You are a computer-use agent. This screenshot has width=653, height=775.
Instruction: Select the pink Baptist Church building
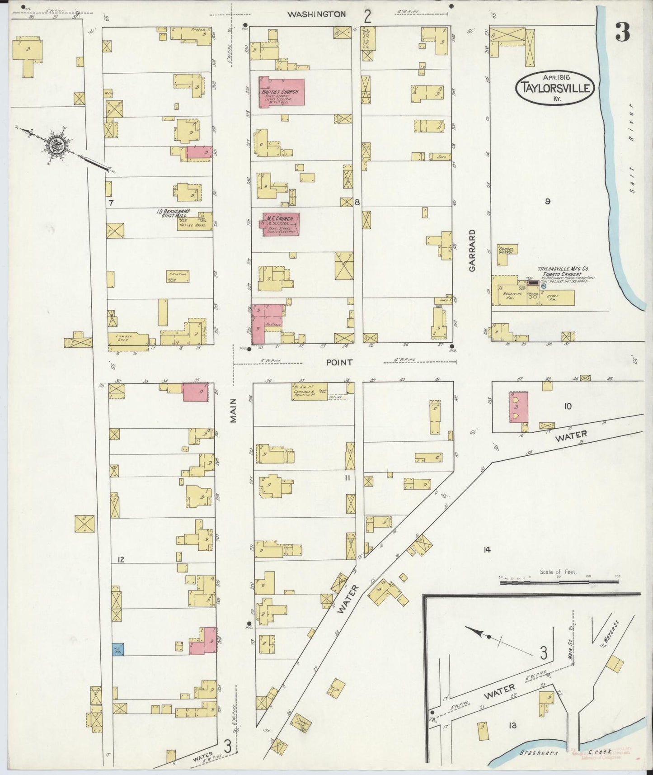click(281, 92)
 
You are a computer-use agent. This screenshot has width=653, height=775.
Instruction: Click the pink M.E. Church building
click(281, 224)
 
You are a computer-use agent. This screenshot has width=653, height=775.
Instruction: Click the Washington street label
click(317, 14)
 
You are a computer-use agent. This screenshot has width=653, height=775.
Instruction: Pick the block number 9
click(547, 202)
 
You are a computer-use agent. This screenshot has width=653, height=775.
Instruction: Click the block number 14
click(486, 550)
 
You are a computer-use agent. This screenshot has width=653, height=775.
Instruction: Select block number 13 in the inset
click(512, 726)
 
